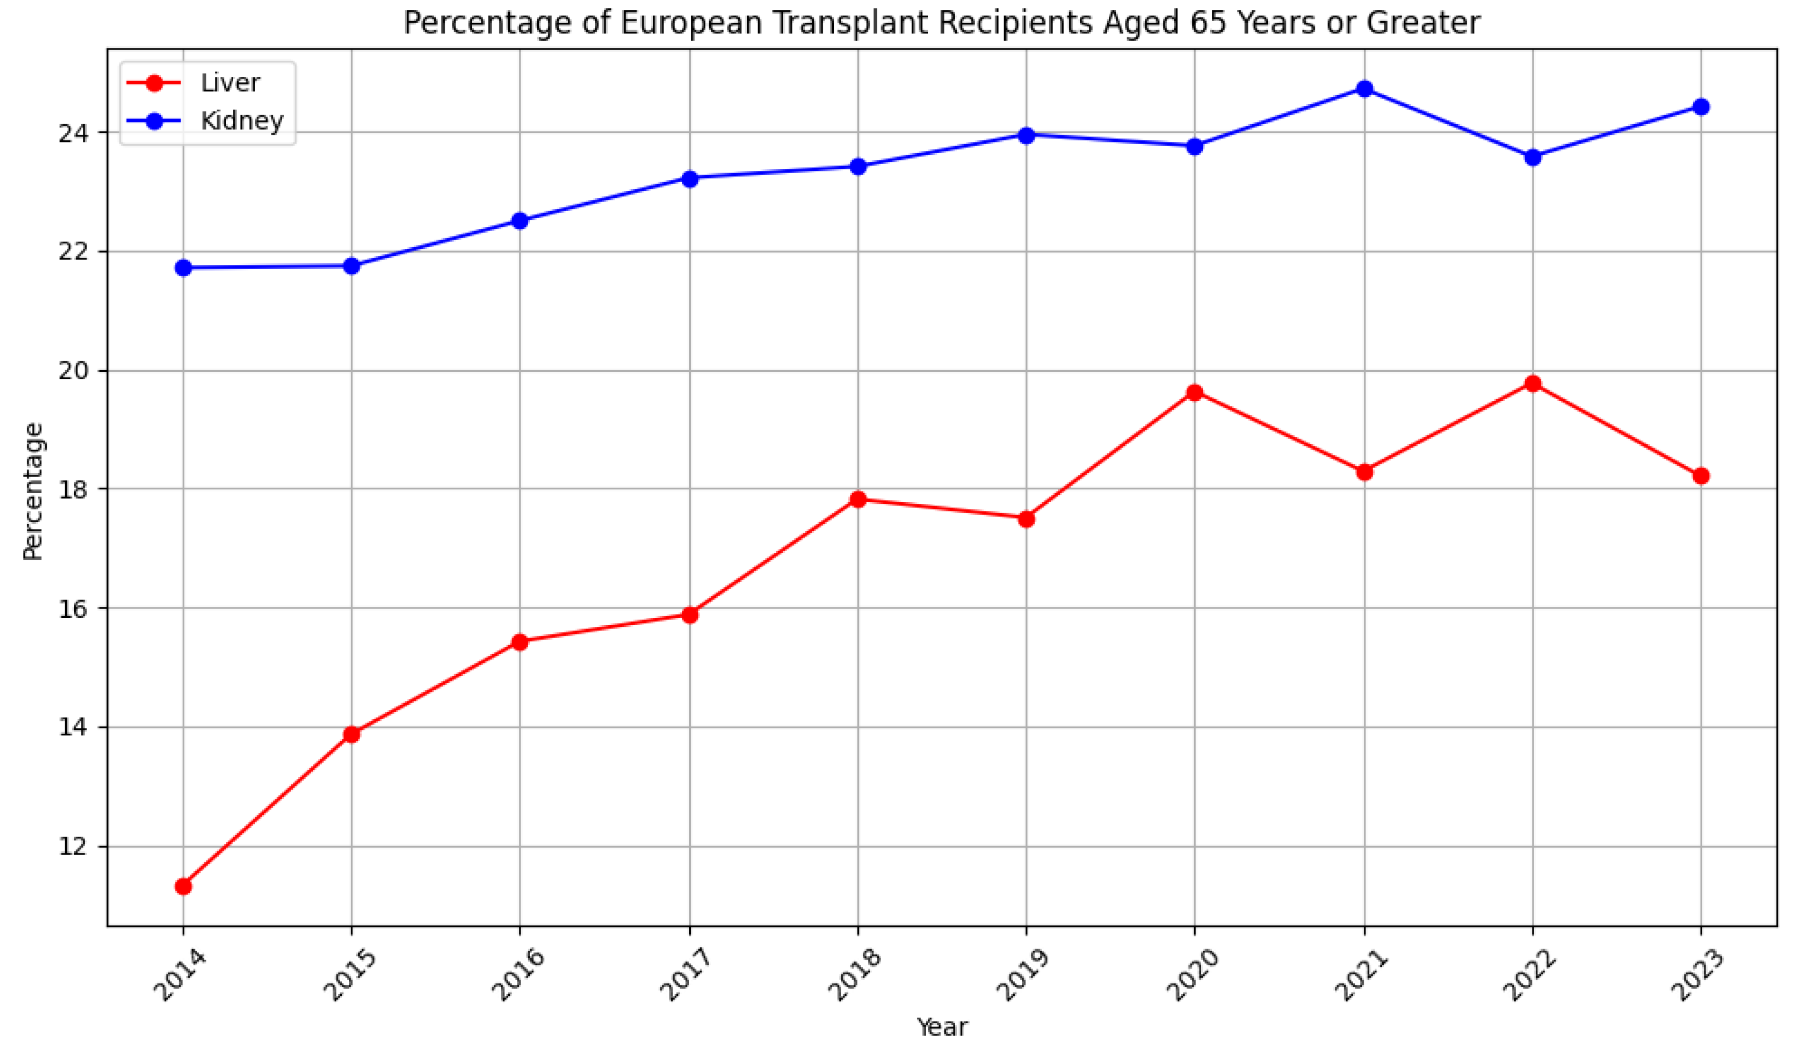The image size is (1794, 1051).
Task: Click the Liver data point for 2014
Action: [x=183, y=887]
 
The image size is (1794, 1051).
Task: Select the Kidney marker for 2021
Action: [x=1364, y=89]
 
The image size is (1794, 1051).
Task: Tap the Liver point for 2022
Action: [x=1533, y=384]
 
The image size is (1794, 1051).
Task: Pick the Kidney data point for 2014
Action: [x=183, y=268]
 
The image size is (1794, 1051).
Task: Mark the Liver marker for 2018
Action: [x=858, y=499]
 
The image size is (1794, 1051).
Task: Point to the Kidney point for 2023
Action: [x=1700, y=107]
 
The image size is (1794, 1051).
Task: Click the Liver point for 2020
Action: [x=1195, y=392]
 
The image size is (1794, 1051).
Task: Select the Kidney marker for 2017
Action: [x=689, y=178]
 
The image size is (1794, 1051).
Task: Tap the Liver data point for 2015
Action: [x=352, y=734]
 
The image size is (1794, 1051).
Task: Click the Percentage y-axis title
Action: [x=33, y=492]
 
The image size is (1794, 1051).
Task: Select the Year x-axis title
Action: [x=941, y=1028]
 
